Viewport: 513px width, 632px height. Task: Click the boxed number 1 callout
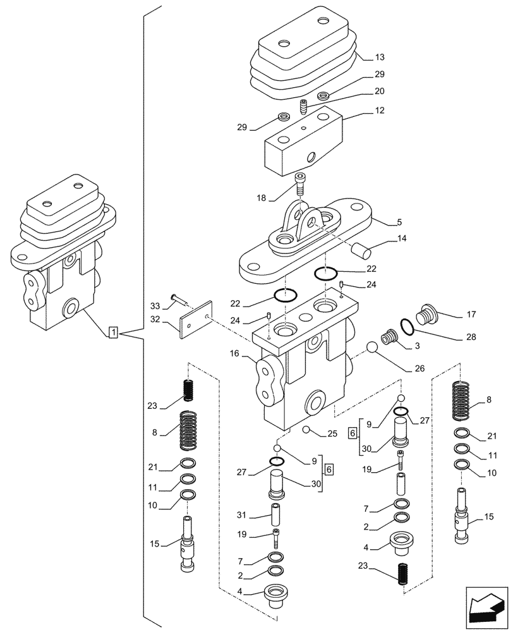coord(112,332)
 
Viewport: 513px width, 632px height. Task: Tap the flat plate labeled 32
coord(194,322)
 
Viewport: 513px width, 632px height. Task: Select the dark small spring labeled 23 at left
coord(188,390)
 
